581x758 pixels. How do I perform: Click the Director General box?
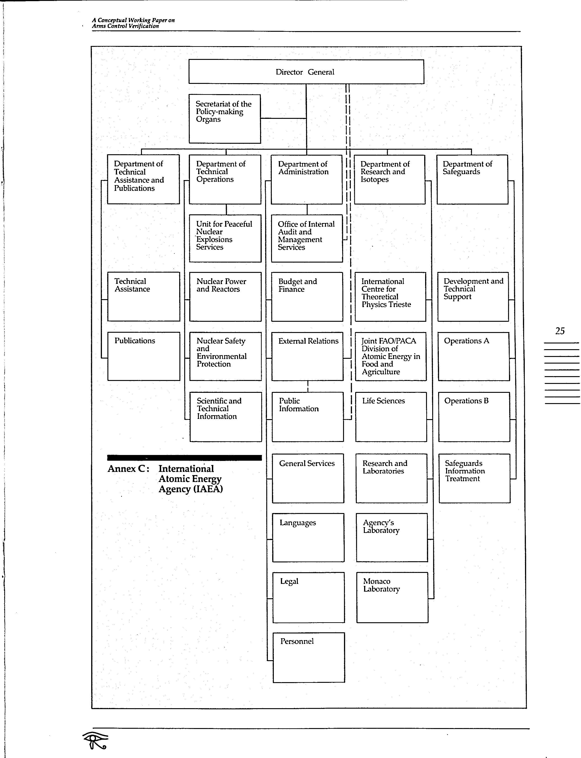[x=306, y=72]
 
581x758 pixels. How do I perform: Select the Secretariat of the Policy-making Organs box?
[x=225, y=119]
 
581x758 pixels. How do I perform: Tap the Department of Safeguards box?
[x=472, y=179]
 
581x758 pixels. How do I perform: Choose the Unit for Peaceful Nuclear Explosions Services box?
[x=225, y=238]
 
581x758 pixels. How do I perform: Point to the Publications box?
[x=144, y=356]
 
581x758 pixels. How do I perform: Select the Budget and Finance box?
[x=307, y=297]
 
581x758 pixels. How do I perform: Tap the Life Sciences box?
[x=391, y=417]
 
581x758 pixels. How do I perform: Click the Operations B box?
[x=474, y=417]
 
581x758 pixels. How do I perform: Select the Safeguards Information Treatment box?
[x=474, y=478]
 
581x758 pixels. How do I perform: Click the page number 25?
[x=560, y=331]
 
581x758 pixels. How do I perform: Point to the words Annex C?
[x=128, y=469]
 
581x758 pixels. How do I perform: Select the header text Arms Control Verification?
[x=125, y=26]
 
